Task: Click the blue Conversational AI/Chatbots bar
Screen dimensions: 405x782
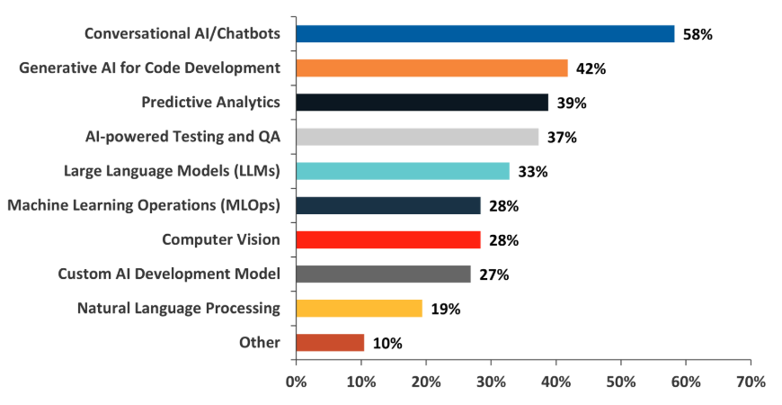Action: click(484, 34)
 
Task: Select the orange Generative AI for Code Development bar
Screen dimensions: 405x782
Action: click(431, 68)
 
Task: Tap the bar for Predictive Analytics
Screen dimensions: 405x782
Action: click(422, 103)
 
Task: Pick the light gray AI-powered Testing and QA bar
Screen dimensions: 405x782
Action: click(417, 137)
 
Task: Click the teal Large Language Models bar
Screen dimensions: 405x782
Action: click(403, 171)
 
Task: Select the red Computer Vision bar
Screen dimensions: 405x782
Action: click(387, 240)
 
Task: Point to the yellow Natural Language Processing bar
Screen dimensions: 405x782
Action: click(359, 309)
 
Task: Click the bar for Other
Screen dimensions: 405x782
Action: click(330, 343)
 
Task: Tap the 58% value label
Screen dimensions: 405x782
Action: click(698, 35)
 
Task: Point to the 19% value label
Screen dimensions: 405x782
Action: click(446, 310)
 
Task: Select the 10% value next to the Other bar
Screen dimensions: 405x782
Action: click(387, 344)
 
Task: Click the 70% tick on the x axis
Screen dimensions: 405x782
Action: click(751, 382)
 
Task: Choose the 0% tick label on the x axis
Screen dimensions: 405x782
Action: click(296, 382)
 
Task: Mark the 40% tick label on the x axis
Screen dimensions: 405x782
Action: click(555, 382)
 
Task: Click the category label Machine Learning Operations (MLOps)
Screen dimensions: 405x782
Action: click(144, 206)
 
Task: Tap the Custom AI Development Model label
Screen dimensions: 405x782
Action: click(169, 274)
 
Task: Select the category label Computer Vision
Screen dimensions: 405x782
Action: click(221, 240)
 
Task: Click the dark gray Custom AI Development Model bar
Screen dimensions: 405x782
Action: click(383, 274)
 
